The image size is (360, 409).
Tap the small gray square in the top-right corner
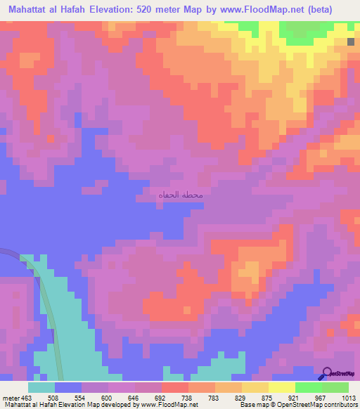[350, 42]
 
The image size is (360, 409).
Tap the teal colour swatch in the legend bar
[41, 387]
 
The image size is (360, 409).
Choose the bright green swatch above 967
[308, 387]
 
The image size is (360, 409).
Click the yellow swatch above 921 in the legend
[281, 387]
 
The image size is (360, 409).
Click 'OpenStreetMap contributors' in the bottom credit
[320, 405]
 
